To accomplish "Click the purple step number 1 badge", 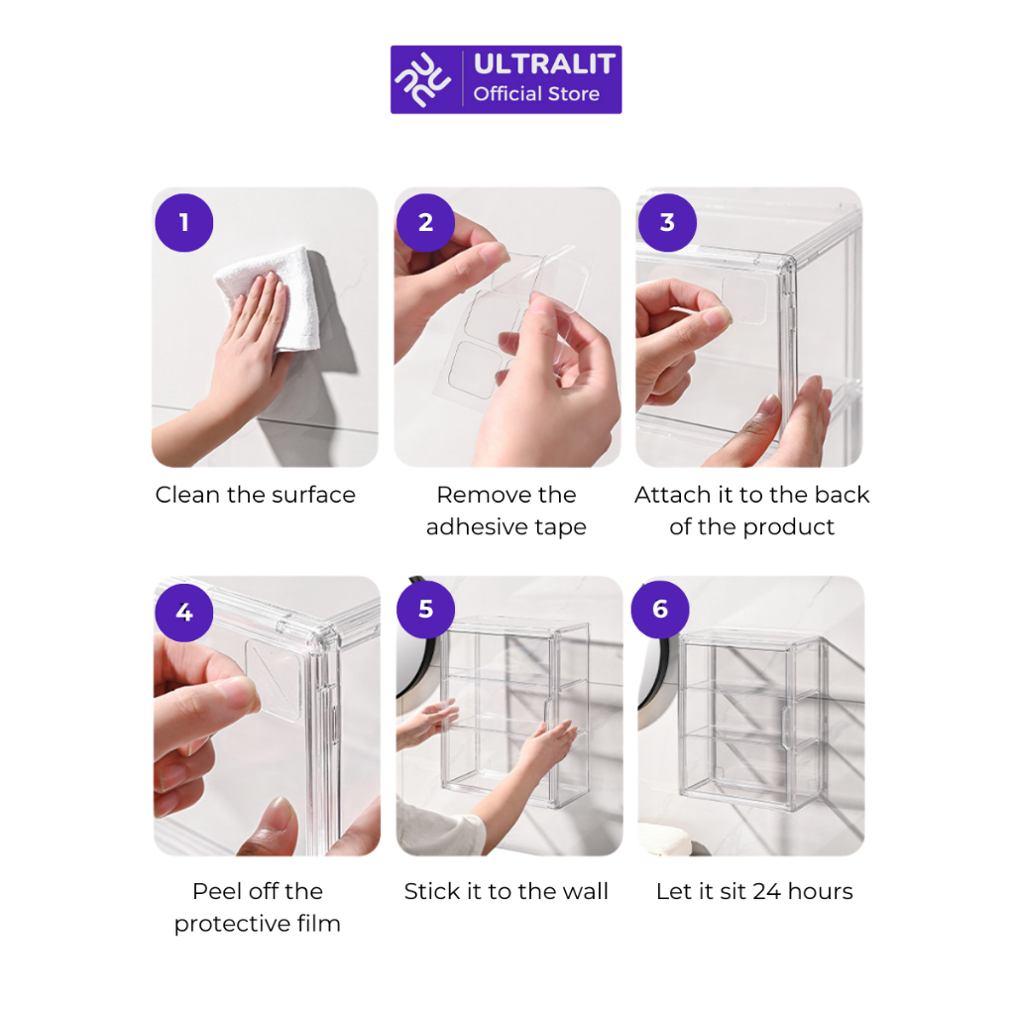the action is pos(183,223).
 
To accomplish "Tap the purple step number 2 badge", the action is pos(425,223).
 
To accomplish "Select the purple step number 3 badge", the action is pos(667,223).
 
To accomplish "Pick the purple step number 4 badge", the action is pos(183,613).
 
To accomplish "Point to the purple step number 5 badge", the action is pos(425,610).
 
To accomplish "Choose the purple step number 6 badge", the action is pos(660,610).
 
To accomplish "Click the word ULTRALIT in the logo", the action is pos(544,64).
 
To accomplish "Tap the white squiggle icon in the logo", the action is pos(423,79).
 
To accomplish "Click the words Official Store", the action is pos(536,94).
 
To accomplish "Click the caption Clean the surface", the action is pos(256,496).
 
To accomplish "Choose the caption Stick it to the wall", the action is pos(507,891).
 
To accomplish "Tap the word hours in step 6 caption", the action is pos(820,891).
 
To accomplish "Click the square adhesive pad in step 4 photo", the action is pos(274,678).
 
